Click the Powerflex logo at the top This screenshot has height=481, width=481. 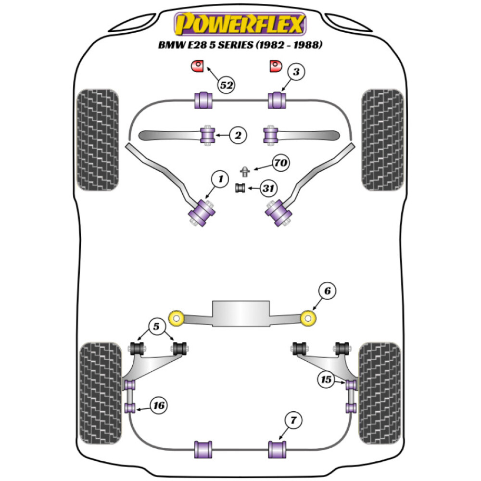pyautogui.click(x=240, y=24)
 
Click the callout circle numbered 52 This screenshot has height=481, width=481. pyautogui.click(x=227, y=85)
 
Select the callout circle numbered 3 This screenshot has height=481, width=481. pyautogui.click(x=296, y=72)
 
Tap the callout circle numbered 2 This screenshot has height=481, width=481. pyautogui.click(x=237, y=136)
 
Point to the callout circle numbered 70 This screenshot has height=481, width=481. pyautogui.click(x=281, y=164)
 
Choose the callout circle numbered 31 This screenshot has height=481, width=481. pyautogui.click(x=268, y=189)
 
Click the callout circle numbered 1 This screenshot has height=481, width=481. pyautogui.click(x=220, y=180)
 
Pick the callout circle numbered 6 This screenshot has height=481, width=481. pyautogui.click(x=327, y=291)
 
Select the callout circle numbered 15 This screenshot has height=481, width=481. pyautogui.click(x=327, y=380)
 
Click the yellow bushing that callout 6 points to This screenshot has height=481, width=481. pyautogui.click(x=308, y=317)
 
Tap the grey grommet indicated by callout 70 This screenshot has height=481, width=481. pyautogui.click(x=245, y=170)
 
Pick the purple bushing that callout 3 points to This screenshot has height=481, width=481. pyautogui.click(x=277, y=100)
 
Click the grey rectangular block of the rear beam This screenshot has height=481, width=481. pyautogui.click(x=240, y=315)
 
